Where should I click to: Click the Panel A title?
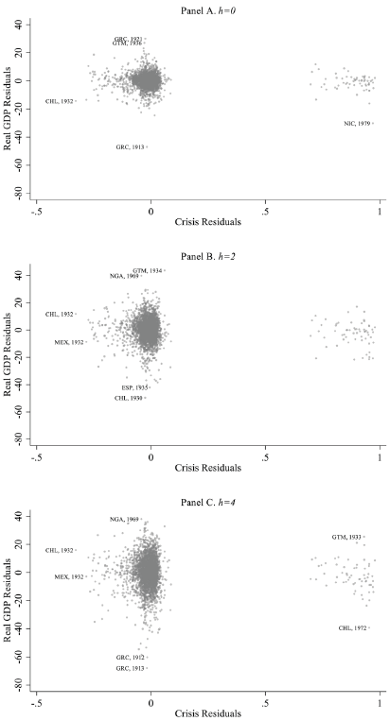[208, 8]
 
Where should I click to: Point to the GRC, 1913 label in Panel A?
[130, 147]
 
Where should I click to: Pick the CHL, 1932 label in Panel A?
[59, 101]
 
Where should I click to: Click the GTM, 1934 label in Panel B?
[147, 270]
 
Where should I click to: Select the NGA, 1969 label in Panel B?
[124, 276]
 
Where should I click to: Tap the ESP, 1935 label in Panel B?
[134, 387]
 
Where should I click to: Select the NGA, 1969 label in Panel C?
[124, 519]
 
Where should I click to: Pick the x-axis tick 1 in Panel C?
[380, 702]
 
